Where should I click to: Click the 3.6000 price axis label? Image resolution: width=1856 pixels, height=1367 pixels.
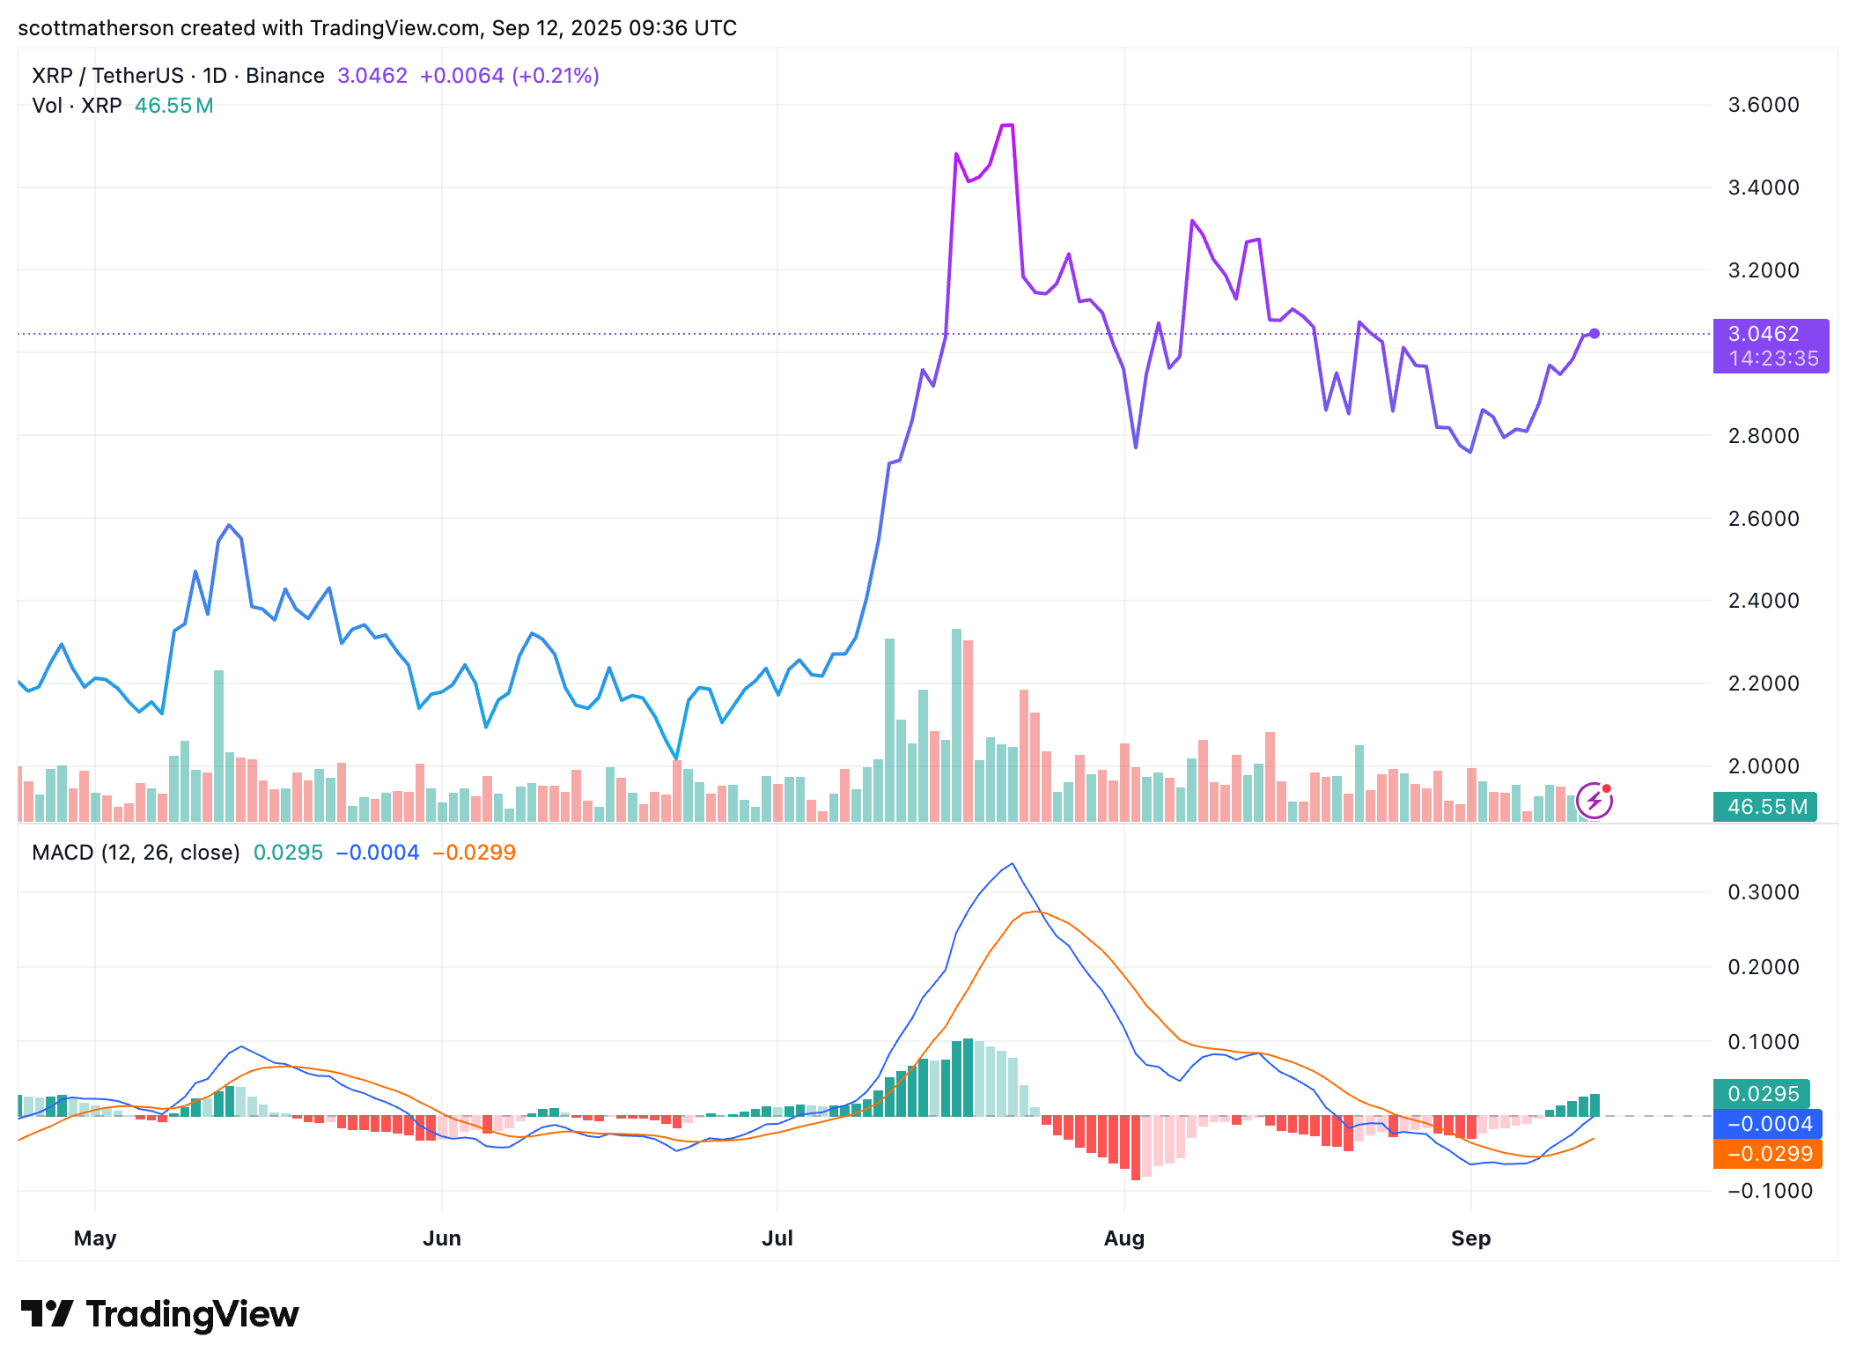(1763, 105)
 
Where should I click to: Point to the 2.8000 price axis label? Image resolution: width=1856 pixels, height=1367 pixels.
(1763, 435)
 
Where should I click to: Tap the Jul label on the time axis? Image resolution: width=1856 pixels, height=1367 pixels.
(777, 1238)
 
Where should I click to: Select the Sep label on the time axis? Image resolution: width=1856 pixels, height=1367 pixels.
(1470, 1238)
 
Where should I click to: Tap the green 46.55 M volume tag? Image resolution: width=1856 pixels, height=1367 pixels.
(1764, 806)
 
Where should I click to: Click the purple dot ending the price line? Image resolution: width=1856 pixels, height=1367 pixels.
(1594, 334)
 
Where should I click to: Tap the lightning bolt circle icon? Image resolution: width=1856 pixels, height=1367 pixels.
(1594, 801)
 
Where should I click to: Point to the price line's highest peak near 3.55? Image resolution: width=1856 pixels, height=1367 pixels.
(1007, 126)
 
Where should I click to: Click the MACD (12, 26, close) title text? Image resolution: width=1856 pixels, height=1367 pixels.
(136, 853)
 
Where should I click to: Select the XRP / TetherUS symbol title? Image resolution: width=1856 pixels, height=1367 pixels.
(107, 76)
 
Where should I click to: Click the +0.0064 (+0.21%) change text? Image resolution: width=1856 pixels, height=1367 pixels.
(509, 76)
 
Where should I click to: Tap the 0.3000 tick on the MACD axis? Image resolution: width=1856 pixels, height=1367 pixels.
(1763, 892)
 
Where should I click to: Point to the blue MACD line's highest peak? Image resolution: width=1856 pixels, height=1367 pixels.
(1013, 864)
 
